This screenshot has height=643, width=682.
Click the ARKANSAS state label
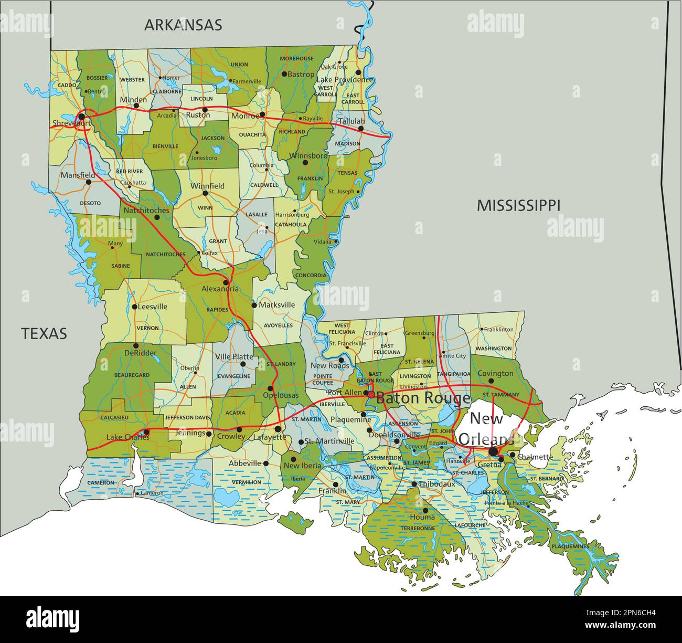click(183, 25)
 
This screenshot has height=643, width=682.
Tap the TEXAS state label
click(44, 333)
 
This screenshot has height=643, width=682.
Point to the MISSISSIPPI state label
click(518, 205)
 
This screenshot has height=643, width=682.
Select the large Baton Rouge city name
click(423, 398)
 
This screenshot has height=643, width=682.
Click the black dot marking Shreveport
click(81, 116)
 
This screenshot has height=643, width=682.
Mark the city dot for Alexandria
click(226, 282)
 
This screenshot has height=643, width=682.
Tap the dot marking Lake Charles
click(146, 433)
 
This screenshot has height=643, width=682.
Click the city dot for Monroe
click(262, 114)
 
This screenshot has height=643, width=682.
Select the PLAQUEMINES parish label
click(570, 546)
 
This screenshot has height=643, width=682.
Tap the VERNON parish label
click(147, 328)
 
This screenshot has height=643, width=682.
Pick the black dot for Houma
click(425, 510)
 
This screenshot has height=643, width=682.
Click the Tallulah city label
click(351, 121)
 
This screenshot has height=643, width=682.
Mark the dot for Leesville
click(134, 307)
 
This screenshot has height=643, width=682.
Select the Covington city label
click(495, 373)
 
